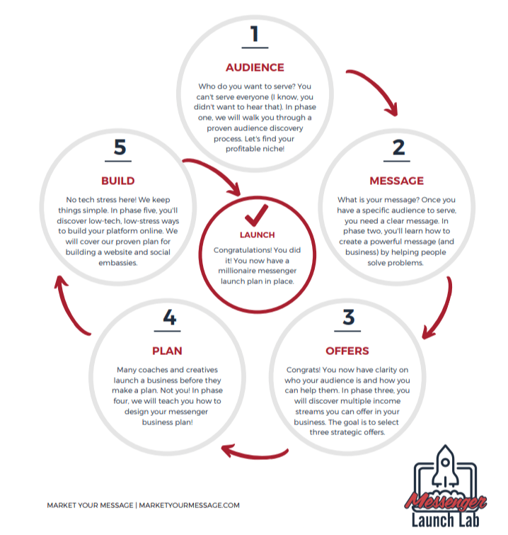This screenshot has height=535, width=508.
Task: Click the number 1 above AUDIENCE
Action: click(x=255, y=34)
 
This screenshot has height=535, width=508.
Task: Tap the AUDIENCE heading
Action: click(x=255, y=68)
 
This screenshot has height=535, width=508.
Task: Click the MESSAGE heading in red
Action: click(x=397, y=181)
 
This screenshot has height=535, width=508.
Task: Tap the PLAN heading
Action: click(x=168, y=351)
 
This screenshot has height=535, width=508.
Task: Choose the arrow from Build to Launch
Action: click(x=216, y=174)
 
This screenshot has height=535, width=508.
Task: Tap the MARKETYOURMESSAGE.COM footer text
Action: click(x=189, y=505)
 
